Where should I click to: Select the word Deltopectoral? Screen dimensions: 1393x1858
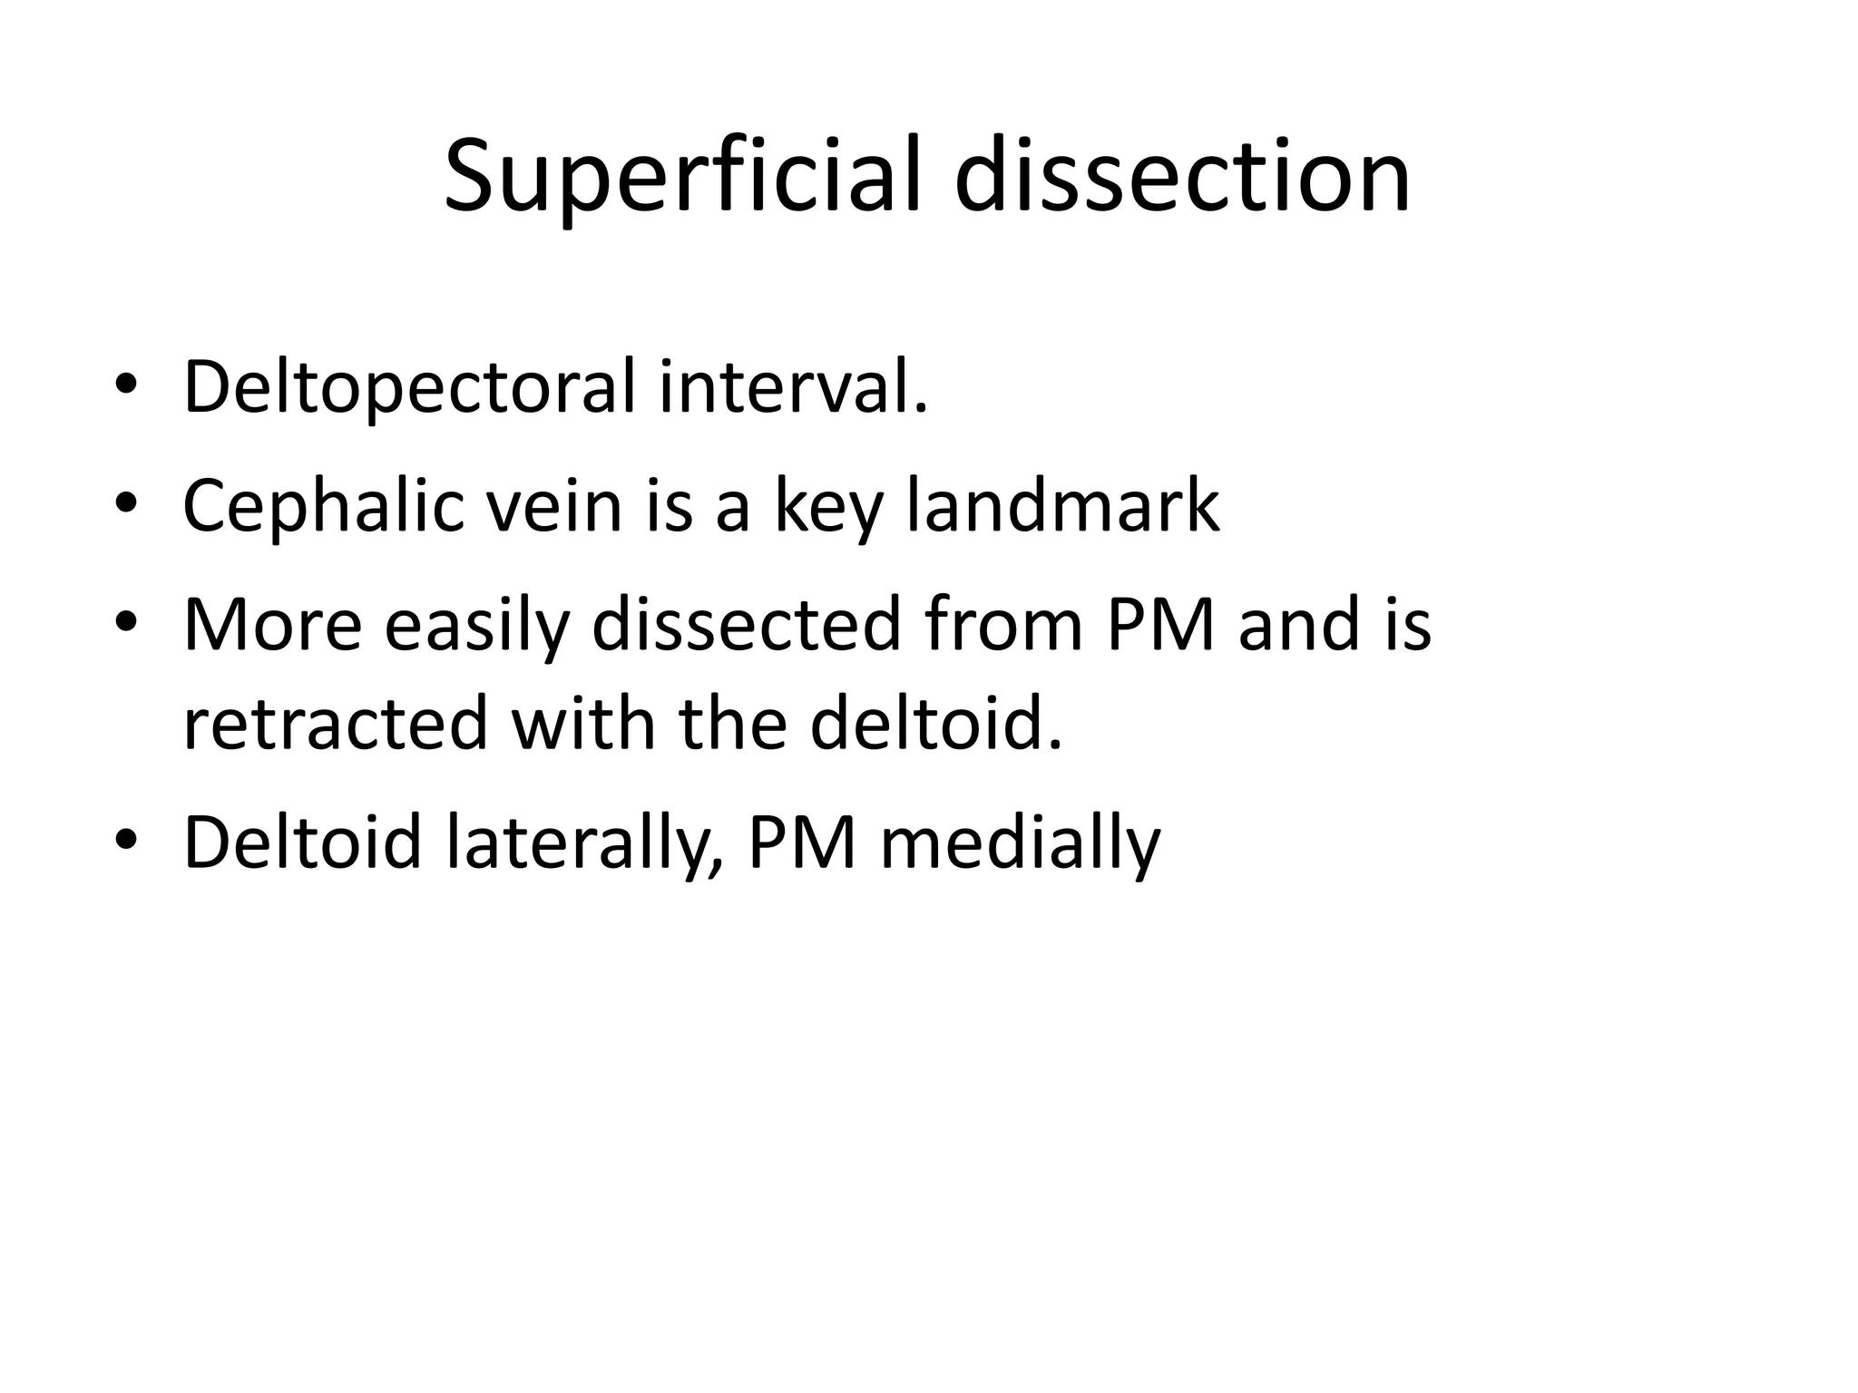tap(409, 388)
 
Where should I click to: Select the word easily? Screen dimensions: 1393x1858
tap(477, 626)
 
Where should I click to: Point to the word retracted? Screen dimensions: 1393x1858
tap(336, 724)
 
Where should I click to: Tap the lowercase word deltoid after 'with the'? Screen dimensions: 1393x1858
tap(935, 724)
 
